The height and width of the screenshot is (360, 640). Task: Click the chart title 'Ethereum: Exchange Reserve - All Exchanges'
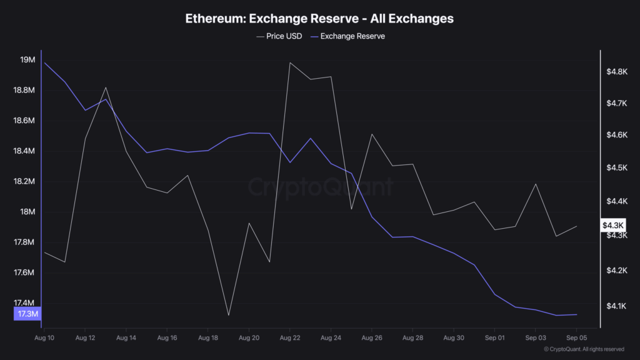(x=319, y=19)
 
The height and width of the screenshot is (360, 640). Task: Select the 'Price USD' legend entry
(x=279, y=36)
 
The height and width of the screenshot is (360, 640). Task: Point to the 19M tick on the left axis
(x=27, y=60)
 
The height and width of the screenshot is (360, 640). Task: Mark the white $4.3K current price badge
(x=612, y=225)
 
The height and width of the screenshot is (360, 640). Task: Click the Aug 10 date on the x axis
(x=44, y=337)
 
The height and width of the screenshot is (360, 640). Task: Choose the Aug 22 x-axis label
(x=290, y=337)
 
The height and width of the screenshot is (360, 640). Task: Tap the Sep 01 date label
(x=494, y=337)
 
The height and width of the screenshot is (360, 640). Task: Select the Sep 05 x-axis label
(x=576, y=337)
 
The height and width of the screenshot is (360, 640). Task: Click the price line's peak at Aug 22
(x=290, y=62)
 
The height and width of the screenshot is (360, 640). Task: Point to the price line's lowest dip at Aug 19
(x=229, y=315)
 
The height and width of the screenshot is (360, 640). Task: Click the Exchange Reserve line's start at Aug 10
(x=44, y=62)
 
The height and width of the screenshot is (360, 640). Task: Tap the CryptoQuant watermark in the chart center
(x=320, y=186)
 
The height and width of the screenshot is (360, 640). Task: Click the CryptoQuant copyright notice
(x=584, y=349)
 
